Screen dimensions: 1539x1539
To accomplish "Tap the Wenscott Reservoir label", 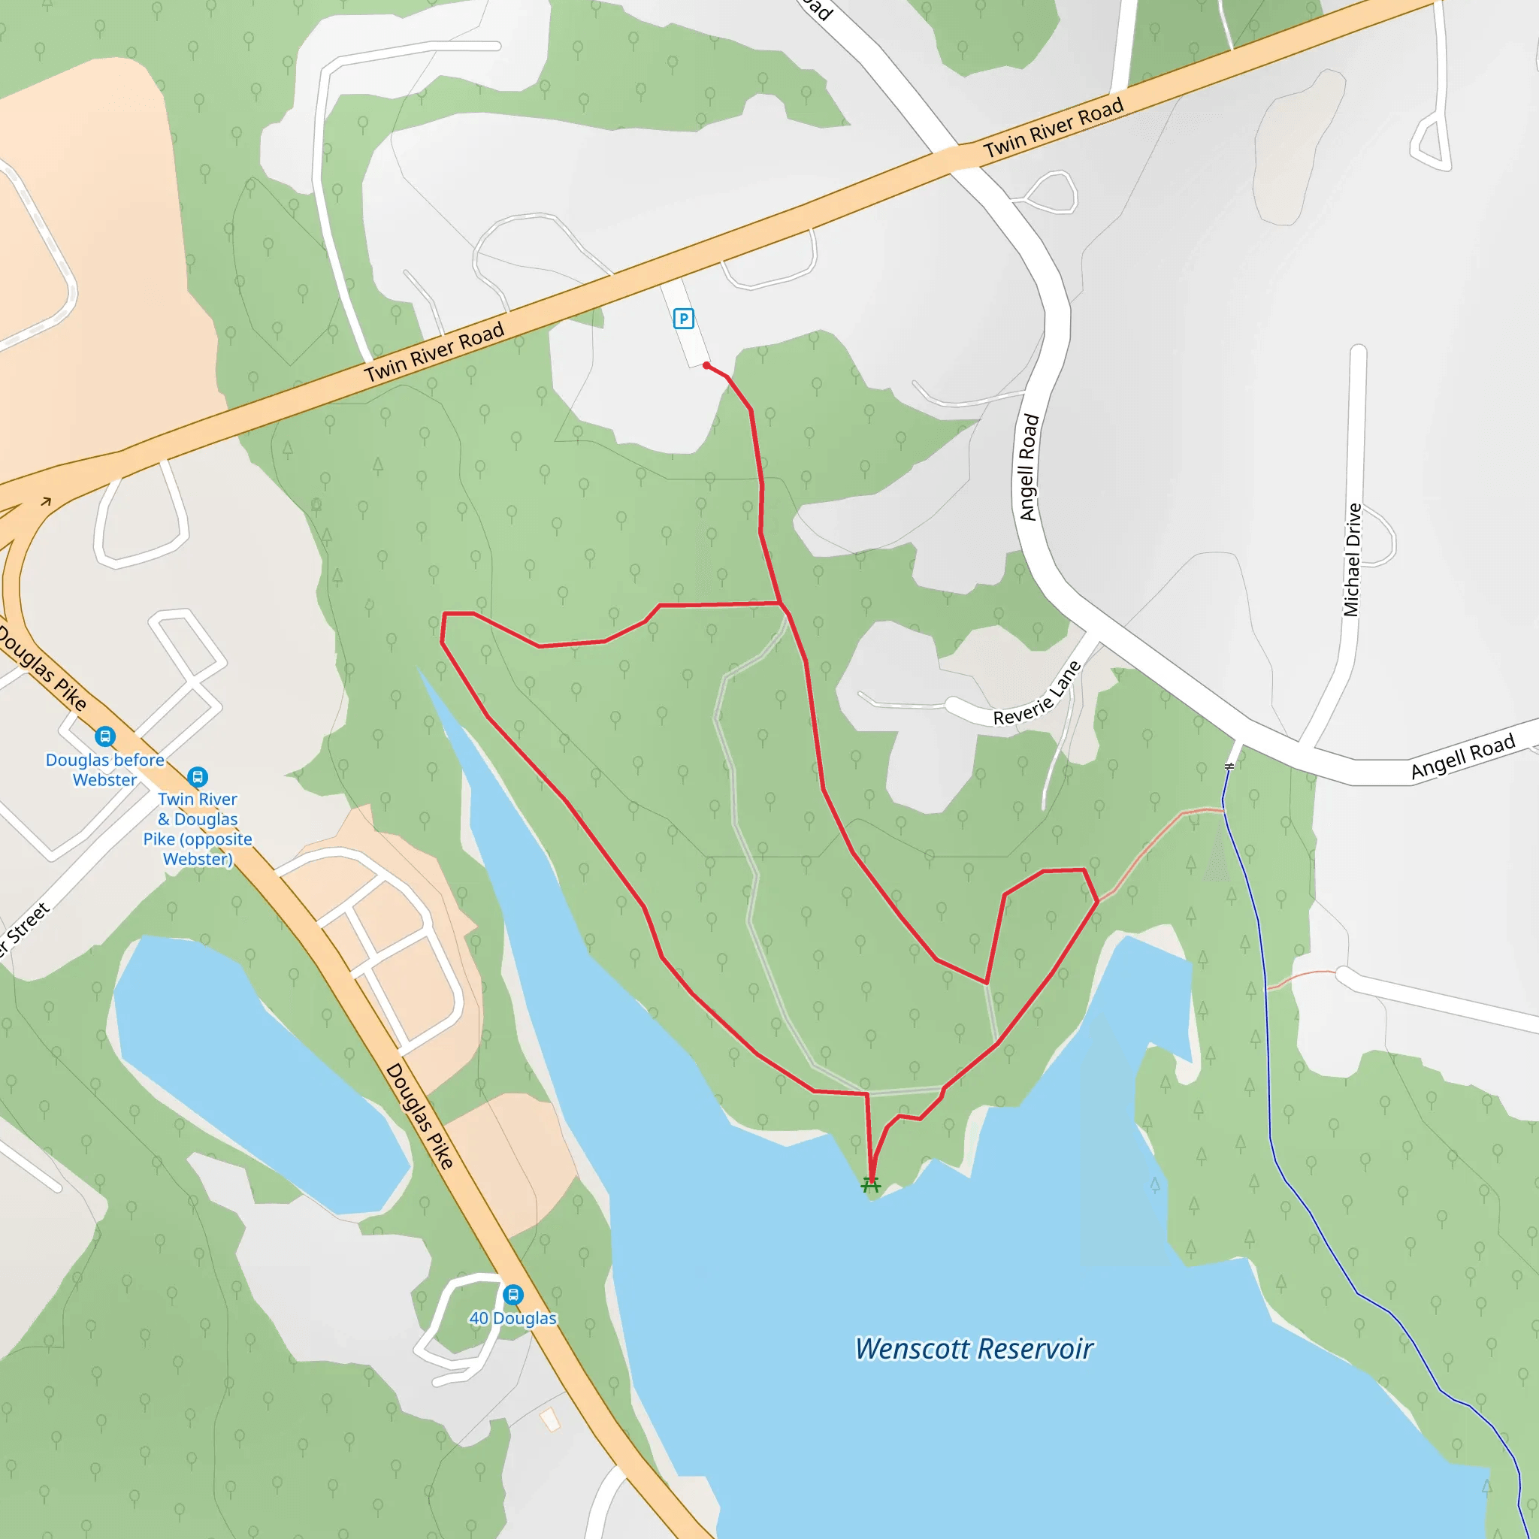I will click(x=973, y=1348).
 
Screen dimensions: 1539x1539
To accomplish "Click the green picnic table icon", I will click(x=871, y=1185).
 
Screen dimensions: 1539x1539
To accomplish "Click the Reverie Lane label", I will click(x=1038, y=694).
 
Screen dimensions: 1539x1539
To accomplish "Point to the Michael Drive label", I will click(x=1352, y=559).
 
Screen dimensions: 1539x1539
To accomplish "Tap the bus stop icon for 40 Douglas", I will click(x=513, y=1294).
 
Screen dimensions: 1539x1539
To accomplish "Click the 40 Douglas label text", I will click(x=513, y=1318).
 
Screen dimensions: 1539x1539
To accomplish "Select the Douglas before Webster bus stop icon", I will click(x=105, y=736).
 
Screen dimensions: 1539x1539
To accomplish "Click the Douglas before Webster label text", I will click(x=104, y=769).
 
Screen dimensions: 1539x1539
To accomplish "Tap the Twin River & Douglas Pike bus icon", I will click(x=198, y=776).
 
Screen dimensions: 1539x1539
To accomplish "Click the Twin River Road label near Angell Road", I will click(x=1053, y=128).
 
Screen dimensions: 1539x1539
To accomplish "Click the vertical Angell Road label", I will click(x=1030, y=467).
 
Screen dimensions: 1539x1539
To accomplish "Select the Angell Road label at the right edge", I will click(x=1462, y=756).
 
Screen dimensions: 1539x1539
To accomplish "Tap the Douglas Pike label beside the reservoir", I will click(x=420, y=1115).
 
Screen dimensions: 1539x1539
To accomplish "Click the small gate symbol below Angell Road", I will click(x=1229, y=766).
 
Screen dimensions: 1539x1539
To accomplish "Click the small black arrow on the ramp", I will click(x=46, y=501).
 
